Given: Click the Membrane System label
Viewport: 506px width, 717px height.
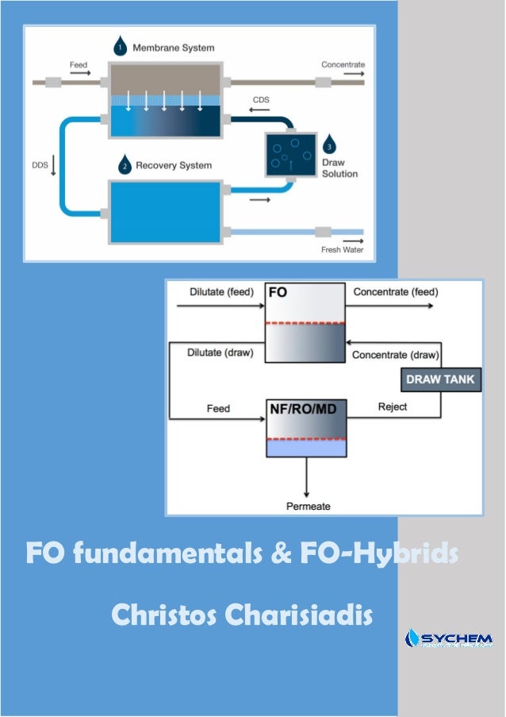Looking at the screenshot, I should point(173,48).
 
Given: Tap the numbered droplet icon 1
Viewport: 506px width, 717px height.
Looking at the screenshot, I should point(119,46).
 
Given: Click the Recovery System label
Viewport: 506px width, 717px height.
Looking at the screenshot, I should point(174,166).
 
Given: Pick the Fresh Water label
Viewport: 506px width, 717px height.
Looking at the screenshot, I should point(342,249).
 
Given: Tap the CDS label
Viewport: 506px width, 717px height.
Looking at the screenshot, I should point(259,101).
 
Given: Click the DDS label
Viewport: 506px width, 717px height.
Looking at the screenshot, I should point(40,166).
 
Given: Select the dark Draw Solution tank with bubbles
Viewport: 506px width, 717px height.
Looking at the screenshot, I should point(289,153).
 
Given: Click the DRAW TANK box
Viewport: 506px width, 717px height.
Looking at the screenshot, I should point(440,380).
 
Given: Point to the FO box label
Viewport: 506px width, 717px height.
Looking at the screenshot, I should point(278,292).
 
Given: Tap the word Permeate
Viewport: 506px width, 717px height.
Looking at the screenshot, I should point(308,506).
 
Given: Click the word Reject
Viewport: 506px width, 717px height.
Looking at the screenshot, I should point(392,407).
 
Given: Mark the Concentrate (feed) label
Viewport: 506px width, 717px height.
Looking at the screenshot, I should point(395,292).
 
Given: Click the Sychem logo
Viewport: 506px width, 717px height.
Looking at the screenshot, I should point(448,638).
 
